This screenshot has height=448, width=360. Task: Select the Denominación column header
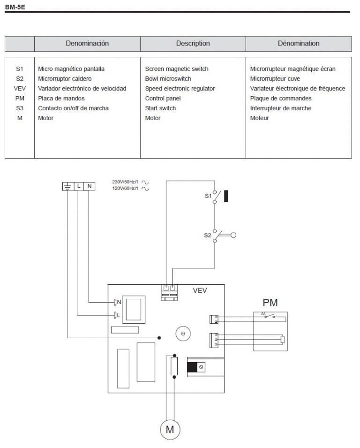click(87, 44)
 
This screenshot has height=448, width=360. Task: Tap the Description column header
click(193, 44)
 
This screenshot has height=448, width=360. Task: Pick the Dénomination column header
click(299, 44)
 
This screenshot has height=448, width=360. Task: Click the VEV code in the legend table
click(19, 89)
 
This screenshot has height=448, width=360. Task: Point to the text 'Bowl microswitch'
click(168, 79)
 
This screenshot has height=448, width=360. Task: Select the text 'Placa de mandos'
click(61, 99)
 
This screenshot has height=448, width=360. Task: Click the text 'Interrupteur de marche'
click(280, 108)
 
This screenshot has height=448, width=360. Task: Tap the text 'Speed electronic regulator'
click(180, 89)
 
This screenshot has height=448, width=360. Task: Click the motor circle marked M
click(170, 429)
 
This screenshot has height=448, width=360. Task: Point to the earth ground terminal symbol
click(67, 186)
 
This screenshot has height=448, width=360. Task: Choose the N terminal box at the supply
click(89, 186)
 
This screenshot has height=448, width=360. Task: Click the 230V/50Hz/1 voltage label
click(125, 182)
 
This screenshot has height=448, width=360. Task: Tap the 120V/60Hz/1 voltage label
click(125, 188)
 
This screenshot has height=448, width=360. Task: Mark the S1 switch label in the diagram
click(208, 196)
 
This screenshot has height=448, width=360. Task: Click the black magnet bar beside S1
click(226, 196)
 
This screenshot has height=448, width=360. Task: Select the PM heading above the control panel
click(270, 302)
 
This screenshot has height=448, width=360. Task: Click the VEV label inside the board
click(200, 290)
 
